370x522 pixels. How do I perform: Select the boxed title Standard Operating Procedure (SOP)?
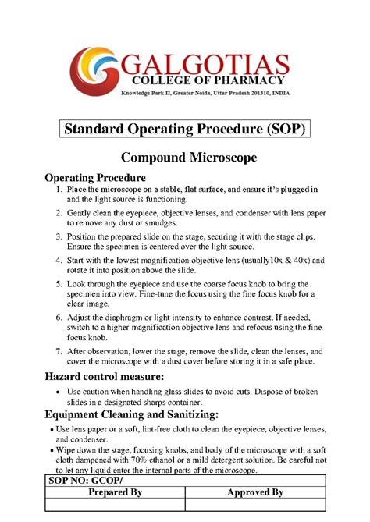coord(185,128)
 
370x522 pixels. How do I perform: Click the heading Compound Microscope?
coord(185,158)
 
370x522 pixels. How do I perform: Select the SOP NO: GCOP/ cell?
coord(80,482)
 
